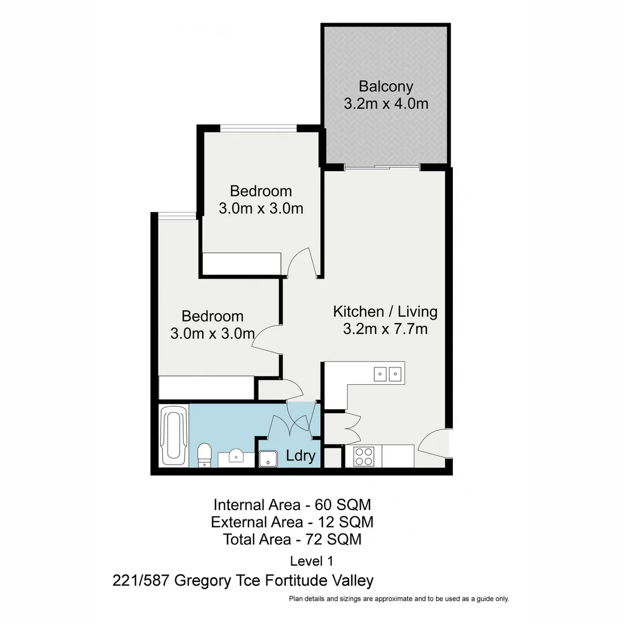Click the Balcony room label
(x=386, y=87)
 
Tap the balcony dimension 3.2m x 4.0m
(x=386, y=105)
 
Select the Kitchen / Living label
(x=385, y=312)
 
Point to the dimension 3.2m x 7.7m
(x=385, y=330)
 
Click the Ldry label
(x=301, y=456)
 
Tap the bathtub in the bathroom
(x=173, y=435)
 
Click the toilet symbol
(x=205, y=454)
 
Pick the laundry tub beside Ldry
(x=268, y=458)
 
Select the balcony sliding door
(x=381, y=167)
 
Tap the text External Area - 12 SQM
(x=292, y=522)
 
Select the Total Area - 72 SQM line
(x=292, y=540)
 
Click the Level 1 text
(x=311, y=560)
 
